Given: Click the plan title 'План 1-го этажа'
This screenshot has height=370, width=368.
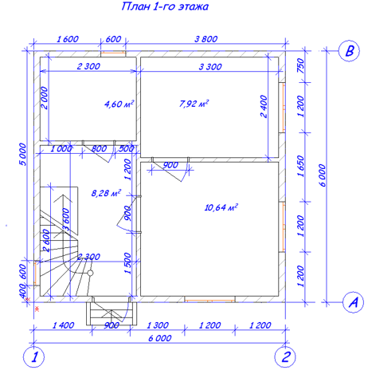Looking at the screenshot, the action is coord(165,6).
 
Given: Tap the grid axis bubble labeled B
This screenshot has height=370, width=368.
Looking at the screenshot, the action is coord(349,50).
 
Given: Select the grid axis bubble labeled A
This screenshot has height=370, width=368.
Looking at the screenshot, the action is coord(353,302).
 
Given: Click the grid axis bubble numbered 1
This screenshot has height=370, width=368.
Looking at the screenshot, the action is coord(33,357).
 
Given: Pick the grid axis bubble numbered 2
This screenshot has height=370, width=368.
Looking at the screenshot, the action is coord(285,357).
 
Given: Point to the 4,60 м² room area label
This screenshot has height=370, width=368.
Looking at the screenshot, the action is coord(119,104).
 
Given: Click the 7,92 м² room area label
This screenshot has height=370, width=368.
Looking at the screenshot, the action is coord(194,103).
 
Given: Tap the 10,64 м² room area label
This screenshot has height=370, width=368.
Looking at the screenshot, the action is coord(221,207).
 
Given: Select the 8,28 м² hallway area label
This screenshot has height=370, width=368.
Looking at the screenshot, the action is coord(106,193).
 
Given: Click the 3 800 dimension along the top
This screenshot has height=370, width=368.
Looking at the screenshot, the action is coord(206,39).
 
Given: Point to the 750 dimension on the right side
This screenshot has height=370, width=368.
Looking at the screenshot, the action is coord(300,66).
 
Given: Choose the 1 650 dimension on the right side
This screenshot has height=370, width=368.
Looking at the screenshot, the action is coord(300,166).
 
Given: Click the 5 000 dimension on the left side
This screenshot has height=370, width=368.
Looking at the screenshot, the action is coord(23,155).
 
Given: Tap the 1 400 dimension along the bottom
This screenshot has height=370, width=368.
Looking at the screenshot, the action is coord(63,325).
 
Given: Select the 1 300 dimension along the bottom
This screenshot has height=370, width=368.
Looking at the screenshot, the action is coord(158,325).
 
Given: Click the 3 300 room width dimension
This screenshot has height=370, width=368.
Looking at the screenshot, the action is coord(210,66).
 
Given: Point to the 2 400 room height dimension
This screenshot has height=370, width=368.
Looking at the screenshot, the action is coord(264,106).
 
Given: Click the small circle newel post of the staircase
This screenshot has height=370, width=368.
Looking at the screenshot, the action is coord(90,273).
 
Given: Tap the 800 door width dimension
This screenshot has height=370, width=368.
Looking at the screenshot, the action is coord(99,148).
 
